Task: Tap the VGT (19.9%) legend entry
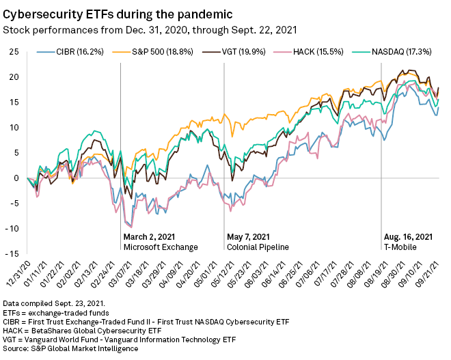coord(236,52)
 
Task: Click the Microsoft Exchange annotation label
coord(161,247)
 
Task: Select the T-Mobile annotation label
coord(398,247)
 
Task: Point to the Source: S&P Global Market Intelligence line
coord(71,349)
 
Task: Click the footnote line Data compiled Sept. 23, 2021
coord(55,303)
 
